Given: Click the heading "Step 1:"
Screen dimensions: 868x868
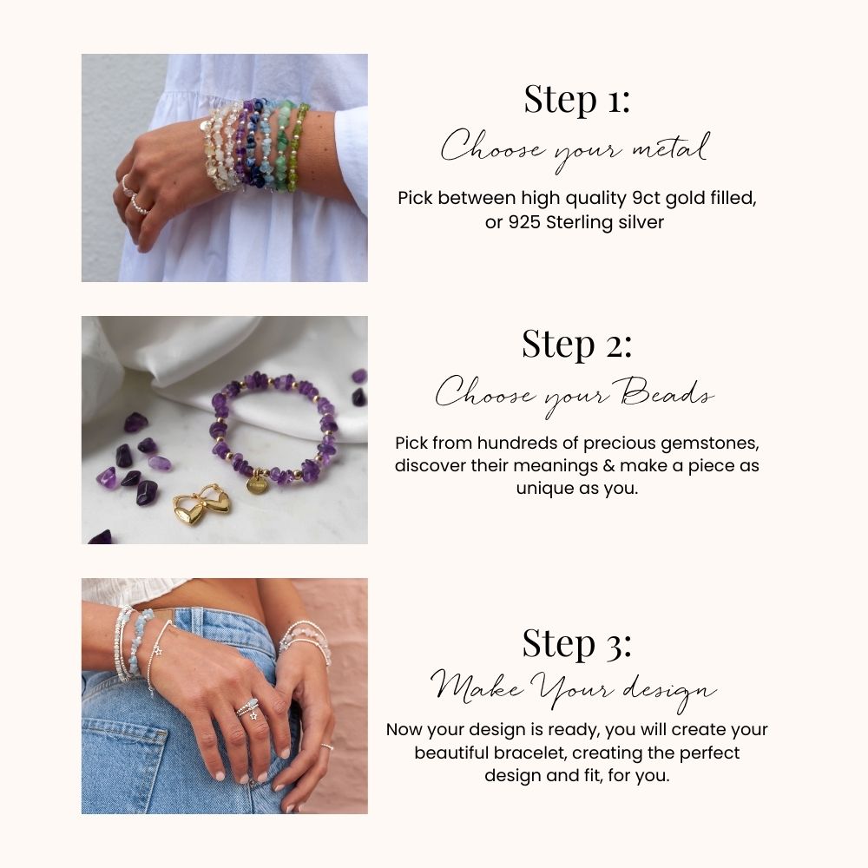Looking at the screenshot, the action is tap(577, 99).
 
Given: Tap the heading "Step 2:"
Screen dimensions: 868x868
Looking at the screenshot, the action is tap(577, 344).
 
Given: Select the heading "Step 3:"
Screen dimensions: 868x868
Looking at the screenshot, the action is tap(577, 643).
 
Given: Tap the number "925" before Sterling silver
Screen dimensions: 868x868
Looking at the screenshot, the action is tap(524, 222).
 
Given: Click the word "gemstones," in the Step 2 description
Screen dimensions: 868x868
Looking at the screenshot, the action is tap(710, 444).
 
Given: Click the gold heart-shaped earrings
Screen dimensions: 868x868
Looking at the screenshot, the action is tap(202, 504).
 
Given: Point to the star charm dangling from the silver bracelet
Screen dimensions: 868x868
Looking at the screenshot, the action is tap(158, 650).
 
